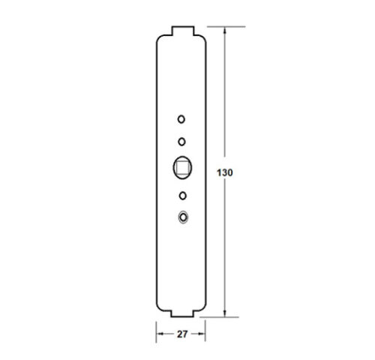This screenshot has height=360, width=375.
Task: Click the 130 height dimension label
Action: [225, 172]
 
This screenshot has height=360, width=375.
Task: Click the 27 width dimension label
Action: [182, 334]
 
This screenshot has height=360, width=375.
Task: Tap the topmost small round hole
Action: [181, 119]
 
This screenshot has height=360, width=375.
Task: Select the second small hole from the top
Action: [181, 142]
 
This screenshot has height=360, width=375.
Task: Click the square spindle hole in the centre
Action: [182, 167]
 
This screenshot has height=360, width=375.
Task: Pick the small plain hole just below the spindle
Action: [183, 196]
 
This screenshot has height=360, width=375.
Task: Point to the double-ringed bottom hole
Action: [183, 217]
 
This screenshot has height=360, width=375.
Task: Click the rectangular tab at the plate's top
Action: [183, 31]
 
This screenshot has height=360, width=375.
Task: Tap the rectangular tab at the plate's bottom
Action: [182, 313]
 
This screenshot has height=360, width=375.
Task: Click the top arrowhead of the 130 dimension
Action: [225, 31]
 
